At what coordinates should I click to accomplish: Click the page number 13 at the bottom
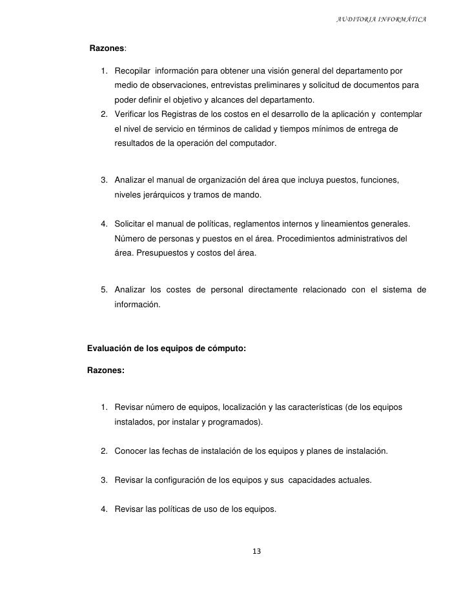point(257,551)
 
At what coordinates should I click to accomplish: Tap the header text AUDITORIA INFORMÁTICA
point(382,17)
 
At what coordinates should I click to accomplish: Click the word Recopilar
point(134,70)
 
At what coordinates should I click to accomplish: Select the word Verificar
point(132,114)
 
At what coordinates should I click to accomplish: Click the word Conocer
point(131,451)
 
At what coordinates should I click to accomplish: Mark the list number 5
point(104,289)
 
